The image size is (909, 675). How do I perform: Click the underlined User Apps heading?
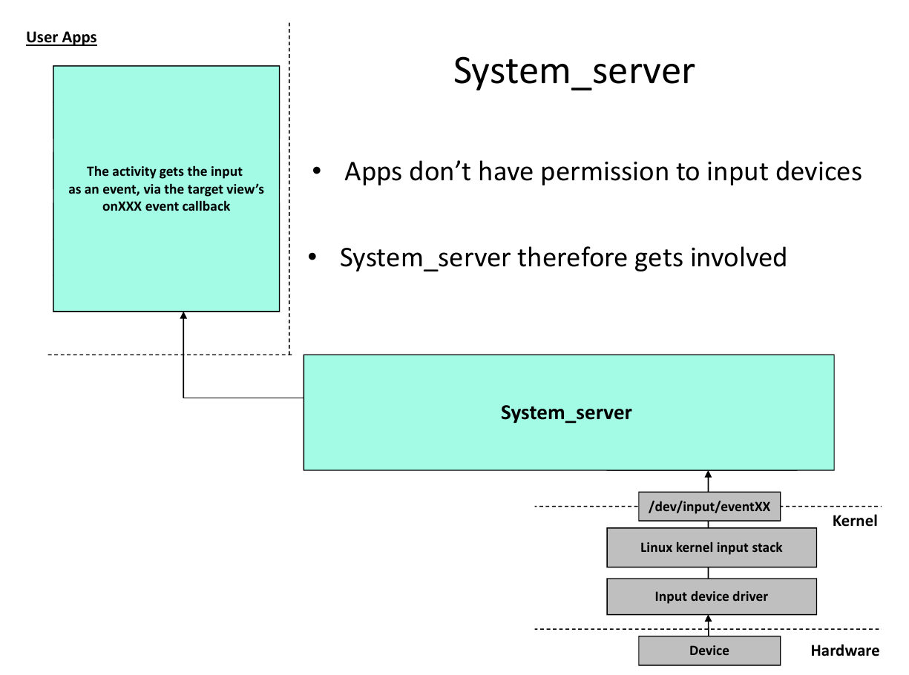[x=62, y=38]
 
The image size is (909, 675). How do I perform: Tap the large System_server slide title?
[x=574, y=72]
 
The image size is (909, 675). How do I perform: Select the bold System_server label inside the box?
[x=566, y=412]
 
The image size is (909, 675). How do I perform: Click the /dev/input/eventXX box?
[x=709, y=507]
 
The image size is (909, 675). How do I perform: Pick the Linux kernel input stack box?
[x=712, y=547]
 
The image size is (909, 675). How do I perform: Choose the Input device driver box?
[x=712, y=596]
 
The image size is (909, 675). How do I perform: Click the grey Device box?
[x=709, y=651]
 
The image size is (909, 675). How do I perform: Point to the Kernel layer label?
[x=855, y=521]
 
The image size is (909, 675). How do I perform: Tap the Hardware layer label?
[x=844, y=651]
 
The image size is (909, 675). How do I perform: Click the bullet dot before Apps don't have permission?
[x=316, y=171]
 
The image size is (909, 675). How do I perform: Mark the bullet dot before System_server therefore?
[x=312, y=257]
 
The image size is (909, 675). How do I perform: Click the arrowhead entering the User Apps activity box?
[x=183, y=315]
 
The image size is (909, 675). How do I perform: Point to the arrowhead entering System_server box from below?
[x=708, y=474]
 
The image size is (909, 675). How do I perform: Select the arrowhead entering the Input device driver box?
[x=708, y=619]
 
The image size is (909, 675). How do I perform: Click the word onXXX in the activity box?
[x=122, y=206]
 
